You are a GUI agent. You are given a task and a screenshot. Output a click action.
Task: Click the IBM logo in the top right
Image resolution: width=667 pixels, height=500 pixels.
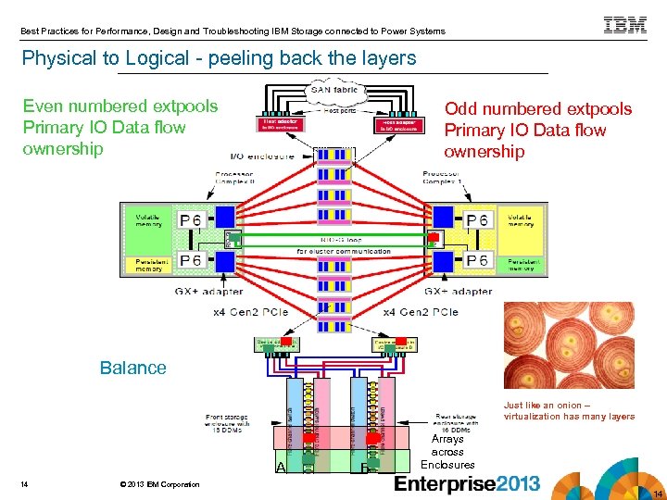(x=625, y=26)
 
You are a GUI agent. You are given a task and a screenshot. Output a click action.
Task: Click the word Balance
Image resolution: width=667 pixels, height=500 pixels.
(x=132, y=368)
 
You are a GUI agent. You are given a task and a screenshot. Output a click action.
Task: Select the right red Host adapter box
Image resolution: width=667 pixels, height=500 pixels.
(x=393, y=123)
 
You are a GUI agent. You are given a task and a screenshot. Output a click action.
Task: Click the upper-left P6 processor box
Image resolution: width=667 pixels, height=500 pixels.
(x=190, y=219)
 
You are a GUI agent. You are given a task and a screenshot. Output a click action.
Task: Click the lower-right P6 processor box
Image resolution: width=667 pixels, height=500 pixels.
(x=477, y=261)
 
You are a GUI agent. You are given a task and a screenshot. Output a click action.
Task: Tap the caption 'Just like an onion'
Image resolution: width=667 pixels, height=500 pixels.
(x=569, y=410)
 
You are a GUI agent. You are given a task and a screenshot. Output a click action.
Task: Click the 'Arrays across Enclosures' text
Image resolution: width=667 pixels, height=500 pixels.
(x=447, y=452)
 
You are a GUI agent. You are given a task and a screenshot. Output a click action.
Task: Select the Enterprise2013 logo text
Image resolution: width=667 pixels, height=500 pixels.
(x=466, y=482)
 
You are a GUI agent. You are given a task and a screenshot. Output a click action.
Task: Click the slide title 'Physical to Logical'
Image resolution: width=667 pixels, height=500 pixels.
(x=220, y=58)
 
